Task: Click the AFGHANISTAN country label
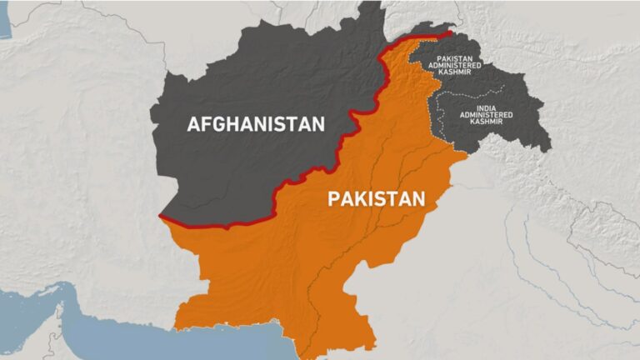[255, 125]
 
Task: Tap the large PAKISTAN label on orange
[377, 198]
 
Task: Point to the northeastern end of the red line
[451, 32]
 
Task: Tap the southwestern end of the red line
[161, 217]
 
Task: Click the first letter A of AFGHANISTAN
[193, 125]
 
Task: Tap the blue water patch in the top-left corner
[5, 25]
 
